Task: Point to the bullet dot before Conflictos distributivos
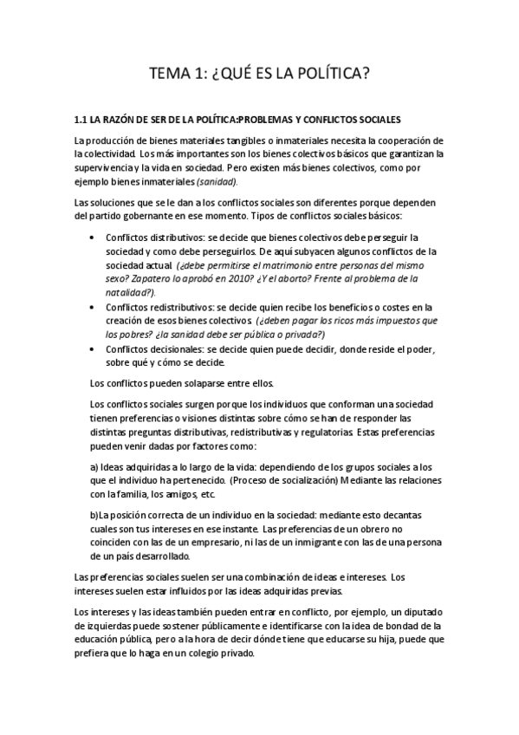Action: click(x=93, y=237)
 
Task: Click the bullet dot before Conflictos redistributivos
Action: click(x=93, y=307)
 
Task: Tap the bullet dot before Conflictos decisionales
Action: click(x=93, y=348)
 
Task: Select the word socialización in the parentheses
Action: click(x=305, y=480)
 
